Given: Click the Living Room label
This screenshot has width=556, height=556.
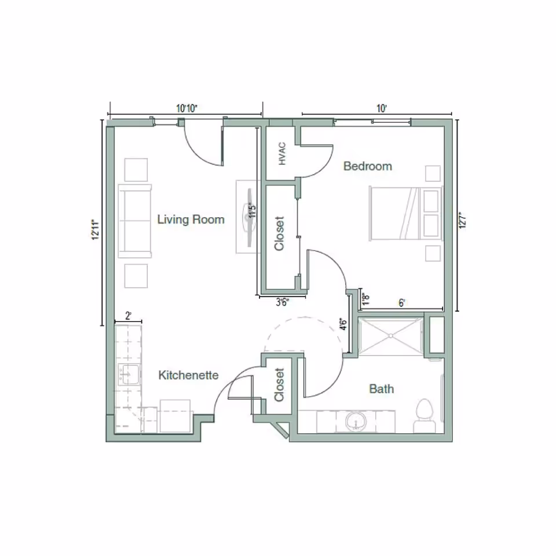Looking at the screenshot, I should (191, 220).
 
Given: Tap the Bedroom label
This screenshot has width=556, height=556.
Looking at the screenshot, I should (367, 166).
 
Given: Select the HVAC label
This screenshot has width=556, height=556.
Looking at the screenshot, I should (283, 154).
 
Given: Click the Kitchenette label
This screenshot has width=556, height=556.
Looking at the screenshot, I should (188, 375).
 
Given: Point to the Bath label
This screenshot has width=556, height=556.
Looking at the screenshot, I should (381, 389).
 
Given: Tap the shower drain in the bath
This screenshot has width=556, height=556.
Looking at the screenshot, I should (392, 335).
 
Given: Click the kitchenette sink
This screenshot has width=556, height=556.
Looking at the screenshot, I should (129, 375).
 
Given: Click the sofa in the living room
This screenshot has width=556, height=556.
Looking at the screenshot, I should (135, 221).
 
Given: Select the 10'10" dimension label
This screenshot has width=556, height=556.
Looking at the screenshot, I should (186, 108).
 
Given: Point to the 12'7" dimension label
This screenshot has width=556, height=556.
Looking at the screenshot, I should (462, 221).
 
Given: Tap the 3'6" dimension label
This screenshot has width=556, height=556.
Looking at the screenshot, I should (282, 301).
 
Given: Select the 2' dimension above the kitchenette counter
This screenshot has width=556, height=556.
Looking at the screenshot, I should (128, 316).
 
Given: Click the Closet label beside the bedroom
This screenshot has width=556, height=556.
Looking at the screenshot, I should (280, 233).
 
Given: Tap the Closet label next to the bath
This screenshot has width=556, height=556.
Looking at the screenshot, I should (280, 386).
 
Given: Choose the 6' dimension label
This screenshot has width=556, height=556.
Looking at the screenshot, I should (401, 302).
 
